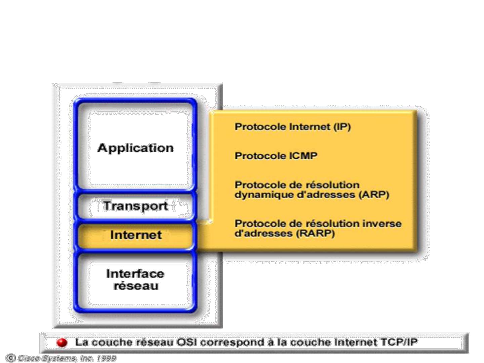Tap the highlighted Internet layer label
[x=136, y=235]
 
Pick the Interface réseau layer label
[x=135, y=279]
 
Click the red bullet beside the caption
[x=62, y=342]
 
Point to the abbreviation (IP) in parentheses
[x=342, y=127]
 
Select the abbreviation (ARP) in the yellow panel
[x=374, y=195]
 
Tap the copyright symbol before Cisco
[x=10, y=358]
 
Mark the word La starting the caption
[x=81, y=342]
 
